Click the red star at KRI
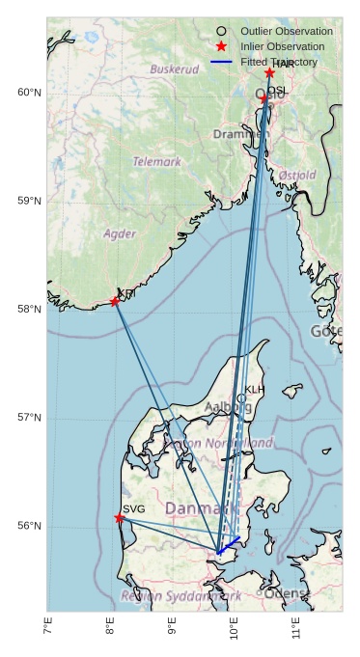(115, 302)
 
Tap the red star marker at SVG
(120, 518)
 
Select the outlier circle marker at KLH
(241, 398)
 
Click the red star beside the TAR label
(269, 73)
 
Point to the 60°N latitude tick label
(29, 93)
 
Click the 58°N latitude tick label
(29, 310)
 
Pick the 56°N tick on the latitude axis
(29, 526)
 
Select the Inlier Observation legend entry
(282, 46)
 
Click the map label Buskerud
(175, 69)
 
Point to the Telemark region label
(156, 162)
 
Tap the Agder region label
(120, 233)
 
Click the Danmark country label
(198, 507)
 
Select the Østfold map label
(296, 176)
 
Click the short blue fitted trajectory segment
(229, 545)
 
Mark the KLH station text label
(255, 390)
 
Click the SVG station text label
(134, 508)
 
